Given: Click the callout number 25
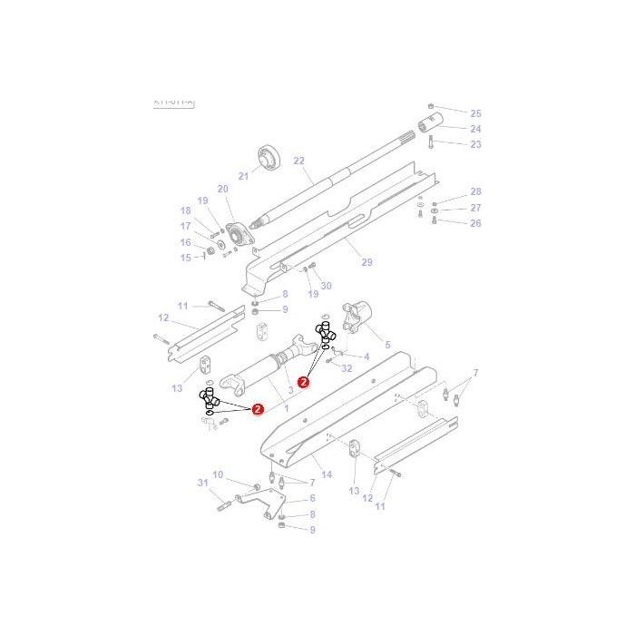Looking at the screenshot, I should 475,113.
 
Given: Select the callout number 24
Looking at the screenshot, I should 475,129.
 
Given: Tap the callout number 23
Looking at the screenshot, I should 475,144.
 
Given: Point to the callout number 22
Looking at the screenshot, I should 299,161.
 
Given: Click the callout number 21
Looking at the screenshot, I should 243,176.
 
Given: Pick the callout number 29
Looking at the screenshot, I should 367,263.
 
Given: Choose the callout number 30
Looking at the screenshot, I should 326,286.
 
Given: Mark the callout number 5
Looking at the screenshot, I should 387,345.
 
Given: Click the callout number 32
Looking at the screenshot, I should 346,369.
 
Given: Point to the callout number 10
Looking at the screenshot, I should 218,474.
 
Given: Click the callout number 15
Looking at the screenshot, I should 186,258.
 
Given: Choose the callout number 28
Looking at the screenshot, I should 475,192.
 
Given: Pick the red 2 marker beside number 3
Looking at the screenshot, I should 303,382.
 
